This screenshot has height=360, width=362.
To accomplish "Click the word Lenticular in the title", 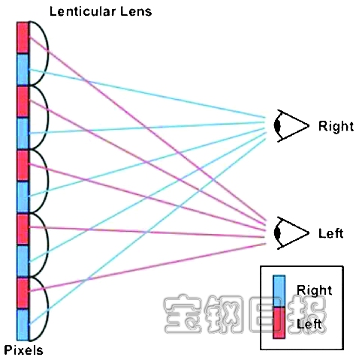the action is (83, 11).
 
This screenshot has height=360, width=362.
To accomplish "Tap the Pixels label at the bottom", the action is (23, 350).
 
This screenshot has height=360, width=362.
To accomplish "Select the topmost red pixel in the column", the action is (23, 37).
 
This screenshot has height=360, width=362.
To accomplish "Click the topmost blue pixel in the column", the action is (23, 70).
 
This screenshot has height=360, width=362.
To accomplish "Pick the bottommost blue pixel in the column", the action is (23, 325).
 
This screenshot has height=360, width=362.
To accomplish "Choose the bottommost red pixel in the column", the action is (23, 292).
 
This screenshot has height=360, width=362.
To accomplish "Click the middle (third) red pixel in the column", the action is (23, 165).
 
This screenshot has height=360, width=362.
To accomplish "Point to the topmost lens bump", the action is (39, 53).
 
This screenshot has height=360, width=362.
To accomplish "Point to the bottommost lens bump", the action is (39, 308).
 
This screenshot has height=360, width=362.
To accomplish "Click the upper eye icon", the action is (291, 126).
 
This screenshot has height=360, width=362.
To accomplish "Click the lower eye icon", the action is (291, 233).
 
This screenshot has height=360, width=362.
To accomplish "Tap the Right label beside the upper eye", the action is (336, 126).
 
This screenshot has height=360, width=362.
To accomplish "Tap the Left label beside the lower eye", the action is (330, 233).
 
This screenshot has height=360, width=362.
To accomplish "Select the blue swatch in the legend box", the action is (279, 291).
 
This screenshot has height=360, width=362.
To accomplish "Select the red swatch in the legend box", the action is (279, 322).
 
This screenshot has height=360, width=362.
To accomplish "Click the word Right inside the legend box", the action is (314, 290).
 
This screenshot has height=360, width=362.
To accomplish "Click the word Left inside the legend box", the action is (309, 324).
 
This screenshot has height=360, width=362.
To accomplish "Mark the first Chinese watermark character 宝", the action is (183, 314).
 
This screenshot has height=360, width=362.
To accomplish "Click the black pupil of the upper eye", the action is (277, 126).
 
